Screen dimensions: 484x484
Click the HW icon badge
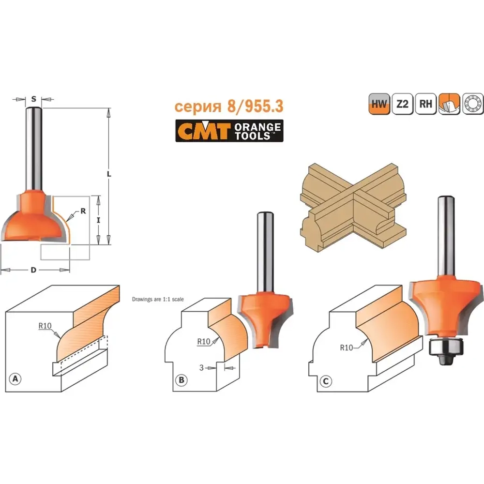379,104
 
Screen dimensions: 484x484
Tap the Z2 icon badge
403,104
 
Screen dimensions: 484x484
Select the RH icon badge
425,104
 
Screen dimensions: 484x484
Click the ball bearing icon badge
472,104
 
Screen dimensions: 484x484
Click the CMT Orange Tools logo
229,131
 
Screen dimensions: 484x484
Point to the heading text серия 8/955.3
229,106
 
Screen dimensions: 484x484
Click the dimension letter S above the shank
34,99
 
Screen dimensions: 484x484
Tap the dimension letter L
109,174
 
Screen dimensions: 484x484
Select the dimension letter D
33,270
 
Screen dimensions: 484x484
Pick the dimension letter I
98,220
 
